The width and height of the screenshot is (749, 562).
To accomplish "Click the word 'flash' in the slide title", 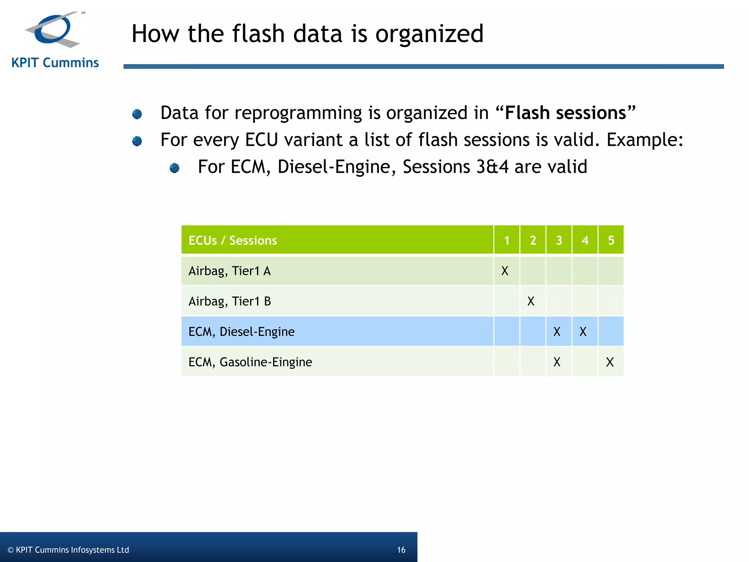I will click(x=258, y=34).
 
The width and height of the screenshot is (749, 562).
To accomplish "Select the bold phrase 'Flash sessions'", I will click(x=565, y=113).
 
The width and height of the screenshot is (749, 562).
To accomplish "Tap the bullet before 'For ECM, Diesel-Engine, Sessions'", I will click(x=174, y=168).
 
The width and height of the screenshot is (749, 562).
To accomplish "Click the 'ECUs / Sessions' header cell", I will click(x=233, y=240).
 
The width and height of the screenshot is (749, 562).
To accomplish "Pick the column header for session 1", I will click(x=507, y=240).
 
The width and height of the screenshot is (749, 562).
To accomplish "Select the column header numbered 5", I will click(x=611, y=240).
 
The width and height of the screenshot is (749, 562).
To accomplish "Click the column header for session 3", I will click(x=559, y=240).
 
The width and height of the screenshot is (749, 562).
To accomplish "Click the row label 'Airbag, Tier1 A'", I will click(x=229, y=271).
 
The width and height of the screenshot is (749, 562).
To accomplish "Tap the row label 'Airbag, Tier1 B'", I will click(x=229, y=301).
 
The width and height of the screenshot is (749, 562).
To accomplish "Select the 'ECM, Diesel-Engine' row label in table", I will click(x=241, y=332).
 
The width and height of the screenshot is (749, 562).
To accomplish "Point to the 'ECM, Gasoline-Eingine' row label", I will click(x=250, y=362).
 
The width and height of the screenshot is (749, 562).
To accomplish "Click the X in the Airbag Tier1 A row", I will click(x=505, y=271).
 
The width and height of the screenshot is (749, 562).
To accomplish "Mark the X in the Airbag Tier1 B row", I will click(x=531, y=301).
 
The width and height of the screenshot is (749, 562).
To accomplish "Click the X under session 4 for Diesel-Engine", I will click(x=583, y=332).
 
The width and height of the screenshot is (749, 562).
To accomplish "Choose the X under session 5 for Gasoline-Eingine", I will click(x=610, y=362).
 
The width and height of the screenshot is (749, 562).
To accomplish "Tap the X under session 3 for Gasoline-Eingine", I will click(x=557, y=362).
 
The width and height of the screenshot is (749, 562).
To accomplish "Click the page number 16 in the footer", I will click(x=401, y=550).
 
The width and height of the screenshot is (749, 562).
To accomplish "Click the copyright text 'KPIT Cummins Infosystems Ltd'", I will click(x=72, y=550).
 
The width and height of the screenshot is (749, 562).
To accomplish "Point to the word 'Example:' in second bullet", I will click(x=645, y=140).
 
